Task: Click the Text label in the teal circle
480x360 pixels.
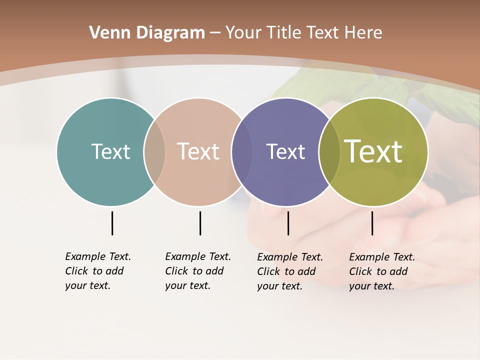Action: (x=110, y=151)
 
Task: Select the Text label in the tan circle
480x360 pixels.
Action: (x=198, y=151)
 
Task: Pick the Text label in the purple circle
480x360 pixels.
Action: (x=285, y=151)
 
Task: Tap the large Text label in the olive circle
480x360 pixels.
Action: (x=373, y=151)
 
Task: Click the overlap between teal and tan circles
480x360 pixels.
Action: (x=154, y=152)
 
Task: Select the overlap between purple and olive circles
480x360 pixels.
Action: (x=329, y=152)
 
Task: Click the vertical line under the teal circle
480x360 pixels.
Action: (x=112, y=223)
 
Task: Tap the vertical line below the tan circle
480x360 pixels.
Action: (x=200, y=223)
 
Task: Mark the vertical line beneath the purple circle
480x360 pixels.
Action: (x=288, y=223)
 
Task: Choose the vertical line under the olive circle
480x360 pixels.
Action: (x=372, y=223)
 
